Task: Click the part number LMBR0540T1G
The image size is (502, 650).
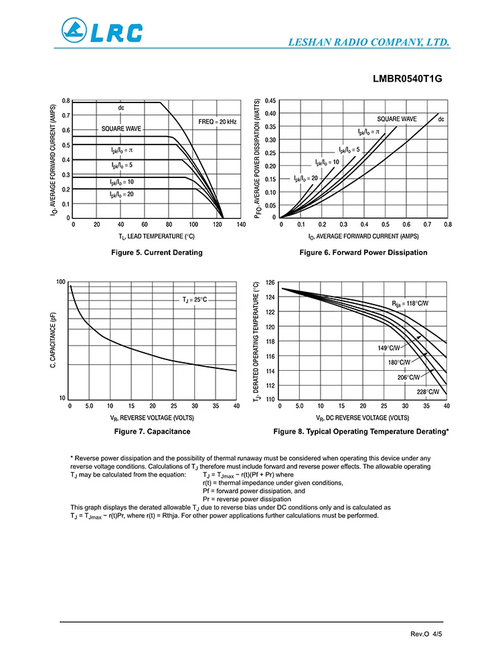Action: click(408, 78)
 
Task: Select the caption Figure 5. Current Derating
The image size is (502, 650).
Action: click(157, 252)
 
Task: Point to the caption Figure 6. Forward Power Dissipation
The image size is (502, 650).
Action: click(363, 252)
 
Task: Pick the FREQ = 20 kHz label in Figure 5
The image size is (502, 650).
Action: click(218, 121)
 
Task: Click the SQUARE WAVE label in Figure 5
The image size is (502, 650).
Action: click(121, 129)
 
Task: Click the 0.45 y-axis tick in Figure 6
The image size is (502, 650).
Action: click(269, 101)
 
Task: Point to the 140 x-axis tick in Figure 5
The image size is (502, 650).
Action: click(241, 226)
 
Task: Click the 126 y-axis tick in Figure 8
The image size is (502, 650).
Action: click(270, 282)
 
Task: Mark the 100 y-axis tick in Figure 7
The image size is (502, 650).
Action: click(61, 282)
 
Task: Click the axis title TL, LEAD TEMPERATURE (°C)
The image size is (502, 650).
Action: click(157, 236)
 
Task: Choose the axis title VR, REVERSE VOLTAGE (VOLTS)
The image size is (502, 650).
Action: click(153, 417)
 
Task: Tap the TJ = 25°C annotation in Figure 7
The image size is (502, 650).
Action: click(195, 299)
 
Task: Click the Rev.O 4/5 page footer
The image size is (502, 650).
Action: click(426, 633)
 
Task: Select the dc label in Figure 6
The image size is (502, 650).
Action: click(441, 119)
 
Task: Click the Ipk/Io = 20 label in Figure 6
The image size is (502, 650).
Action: click(305, 178)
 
